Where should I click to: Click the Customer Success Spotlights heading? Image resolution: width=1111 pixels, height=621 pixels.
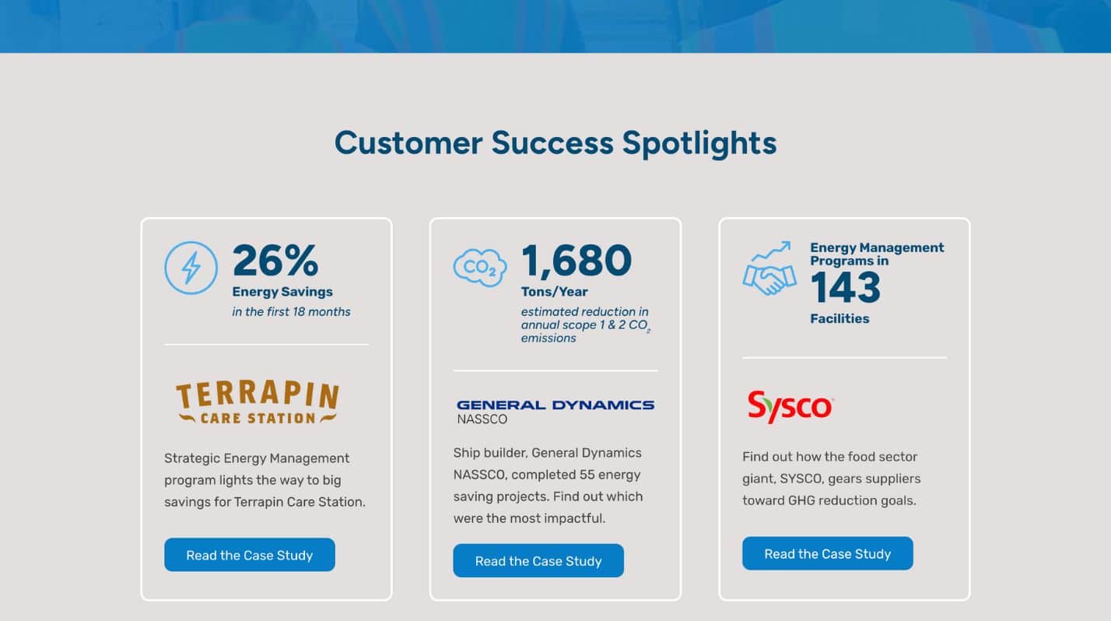(555, 143)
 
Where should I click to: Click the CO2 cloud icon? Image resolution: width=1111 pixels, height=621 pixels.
(479, 268)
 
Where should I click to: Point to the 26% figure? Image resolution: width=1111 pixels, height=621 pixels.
(275, 260)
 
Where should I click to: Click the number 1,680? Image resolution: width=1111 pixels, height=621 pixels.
(577, 261)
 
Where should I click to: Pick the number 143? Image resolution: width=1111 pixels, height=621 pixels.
(846, 288)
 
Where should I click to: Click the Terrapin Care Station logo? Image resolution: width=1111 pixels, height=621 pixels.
(258, 402)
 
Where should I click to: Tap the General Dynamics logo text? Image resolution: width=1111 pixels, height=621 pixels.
(555, 405)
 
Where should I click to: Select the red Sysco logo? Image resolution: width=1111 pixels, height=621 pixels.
(790, 407)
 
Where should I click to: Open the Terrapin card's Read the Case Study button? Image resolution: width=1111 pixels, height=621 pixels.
(250, 555)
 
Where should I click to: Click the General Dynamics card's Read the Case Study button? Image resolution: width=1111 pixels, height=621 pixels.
(538, 561)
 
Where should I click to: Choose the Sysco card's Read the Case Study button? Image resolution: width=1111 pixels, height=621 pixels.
(827, 553)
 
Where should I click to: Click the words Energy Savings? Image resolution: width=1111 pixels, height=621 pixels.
(282, 292)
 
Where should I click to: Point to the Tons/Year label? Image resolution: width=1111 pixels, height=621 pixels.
(555, 292)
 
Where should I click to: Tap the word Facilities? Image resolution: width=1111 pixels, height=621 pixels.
(839, 318)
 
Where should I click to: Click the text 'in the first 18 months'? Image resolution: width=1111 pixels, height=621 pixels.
(291, 312)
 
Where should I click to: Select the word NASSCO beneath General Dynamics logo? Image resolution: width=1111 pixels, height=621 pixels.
(482, 419)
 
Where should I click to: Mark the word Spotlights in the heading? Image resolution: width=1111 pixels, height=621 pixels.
(699, 143)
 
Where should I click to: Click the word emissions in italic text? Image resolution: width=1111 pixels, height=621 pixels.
(548, 339)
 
